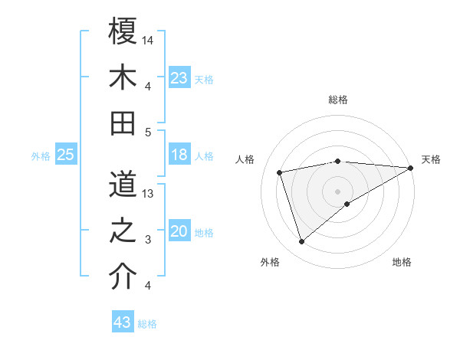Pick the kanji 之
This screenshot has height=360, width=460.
tap(123, 230)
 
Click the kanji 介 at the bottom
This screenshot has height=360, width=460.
tap(123, 277)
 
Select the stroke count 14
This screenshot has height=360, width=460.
tap(148, 40)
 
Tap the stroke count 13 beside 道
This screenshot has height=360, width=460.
tap(148, 194)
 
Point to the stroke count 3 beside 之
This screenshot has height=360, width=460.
tap(147, 240)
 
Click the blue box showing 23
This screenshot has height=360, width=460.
tap(179, 78)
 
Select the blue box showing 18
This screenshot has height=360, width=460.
tap(179, 155)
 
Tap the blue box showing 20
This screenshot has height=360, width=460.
tap(179, 231)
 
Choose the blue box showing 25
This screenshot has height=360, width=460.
tap(65, 155)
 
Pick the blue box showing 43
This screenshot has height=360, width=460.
tap(122, 322)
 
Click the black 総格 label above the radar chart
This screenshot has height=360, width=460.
tap(338, 100)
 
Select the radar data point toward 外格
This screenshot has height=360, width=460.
tap(301, 242)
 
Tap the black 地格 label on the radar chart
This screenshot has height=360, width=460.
tap(402, 263)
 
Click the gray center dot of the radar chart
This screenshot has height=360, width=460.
tap(337, 191)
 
